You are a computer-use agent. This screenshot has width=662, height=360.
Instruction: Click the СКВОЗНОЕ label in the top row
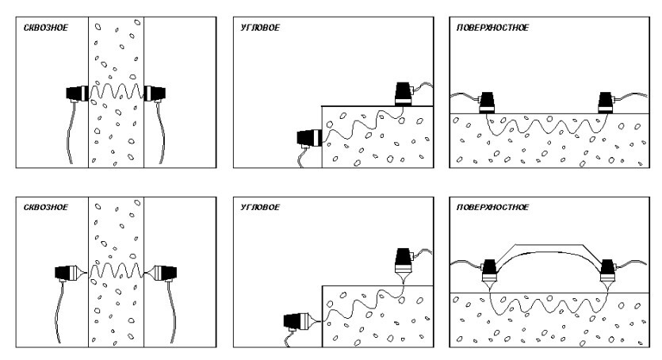(46, 28)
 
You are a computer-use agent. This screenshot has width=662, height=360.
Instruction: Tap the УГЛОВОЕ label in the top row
(260, 28)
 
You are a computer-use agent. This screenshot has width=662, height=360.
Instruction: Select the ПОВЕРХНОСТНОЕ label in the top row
(492, 28)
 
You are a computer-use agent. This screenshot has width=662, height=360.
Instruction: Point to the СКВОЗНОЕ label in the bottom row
(46, 207)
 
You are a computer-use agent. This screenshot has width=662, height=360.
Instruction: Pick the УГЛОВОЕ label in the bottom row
(260, 207)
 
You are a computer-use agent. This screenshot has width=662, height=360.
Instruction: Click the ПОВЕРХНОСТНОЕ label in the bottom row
(492, 207)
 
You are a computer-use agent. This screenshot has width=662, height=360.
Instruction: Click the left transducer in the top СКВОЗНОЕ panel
(77, 94)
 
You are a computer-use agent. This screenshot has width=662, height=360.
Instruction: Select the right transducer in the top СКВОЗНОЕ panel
(155, 94)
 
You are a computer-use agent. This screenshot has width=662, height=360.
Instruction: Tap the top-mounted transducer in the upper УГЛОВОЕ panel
(404, 94)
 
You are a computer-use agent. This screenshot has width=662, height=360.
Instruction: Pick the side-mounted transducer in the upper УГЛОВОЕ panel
(309, 138)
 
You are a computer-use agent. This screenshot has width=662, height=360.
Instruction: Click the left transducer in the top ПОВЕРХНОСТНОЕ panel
(487, 102)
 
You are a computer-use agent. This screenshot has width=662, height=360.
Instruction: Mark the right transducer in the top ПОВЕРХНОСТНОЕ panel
(606, 102)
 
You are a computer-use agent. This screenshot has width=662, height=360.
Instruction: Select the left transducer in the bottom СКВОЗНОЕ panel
(70, 273)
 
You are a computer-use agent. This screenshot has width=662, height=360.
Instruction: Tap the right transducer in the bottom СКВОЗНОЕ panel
(162, 273)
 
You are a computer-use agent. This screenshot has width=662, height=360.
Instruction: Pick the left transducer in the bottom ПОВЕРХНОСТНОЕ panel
(489, 274)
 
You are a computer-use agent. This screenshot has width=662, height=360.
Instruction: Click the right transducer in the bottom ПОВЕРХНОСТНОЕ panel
(608, 274)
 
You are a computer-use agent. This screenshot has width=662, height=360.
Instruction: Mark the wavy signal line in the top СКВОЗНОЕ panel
(116, 91)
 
